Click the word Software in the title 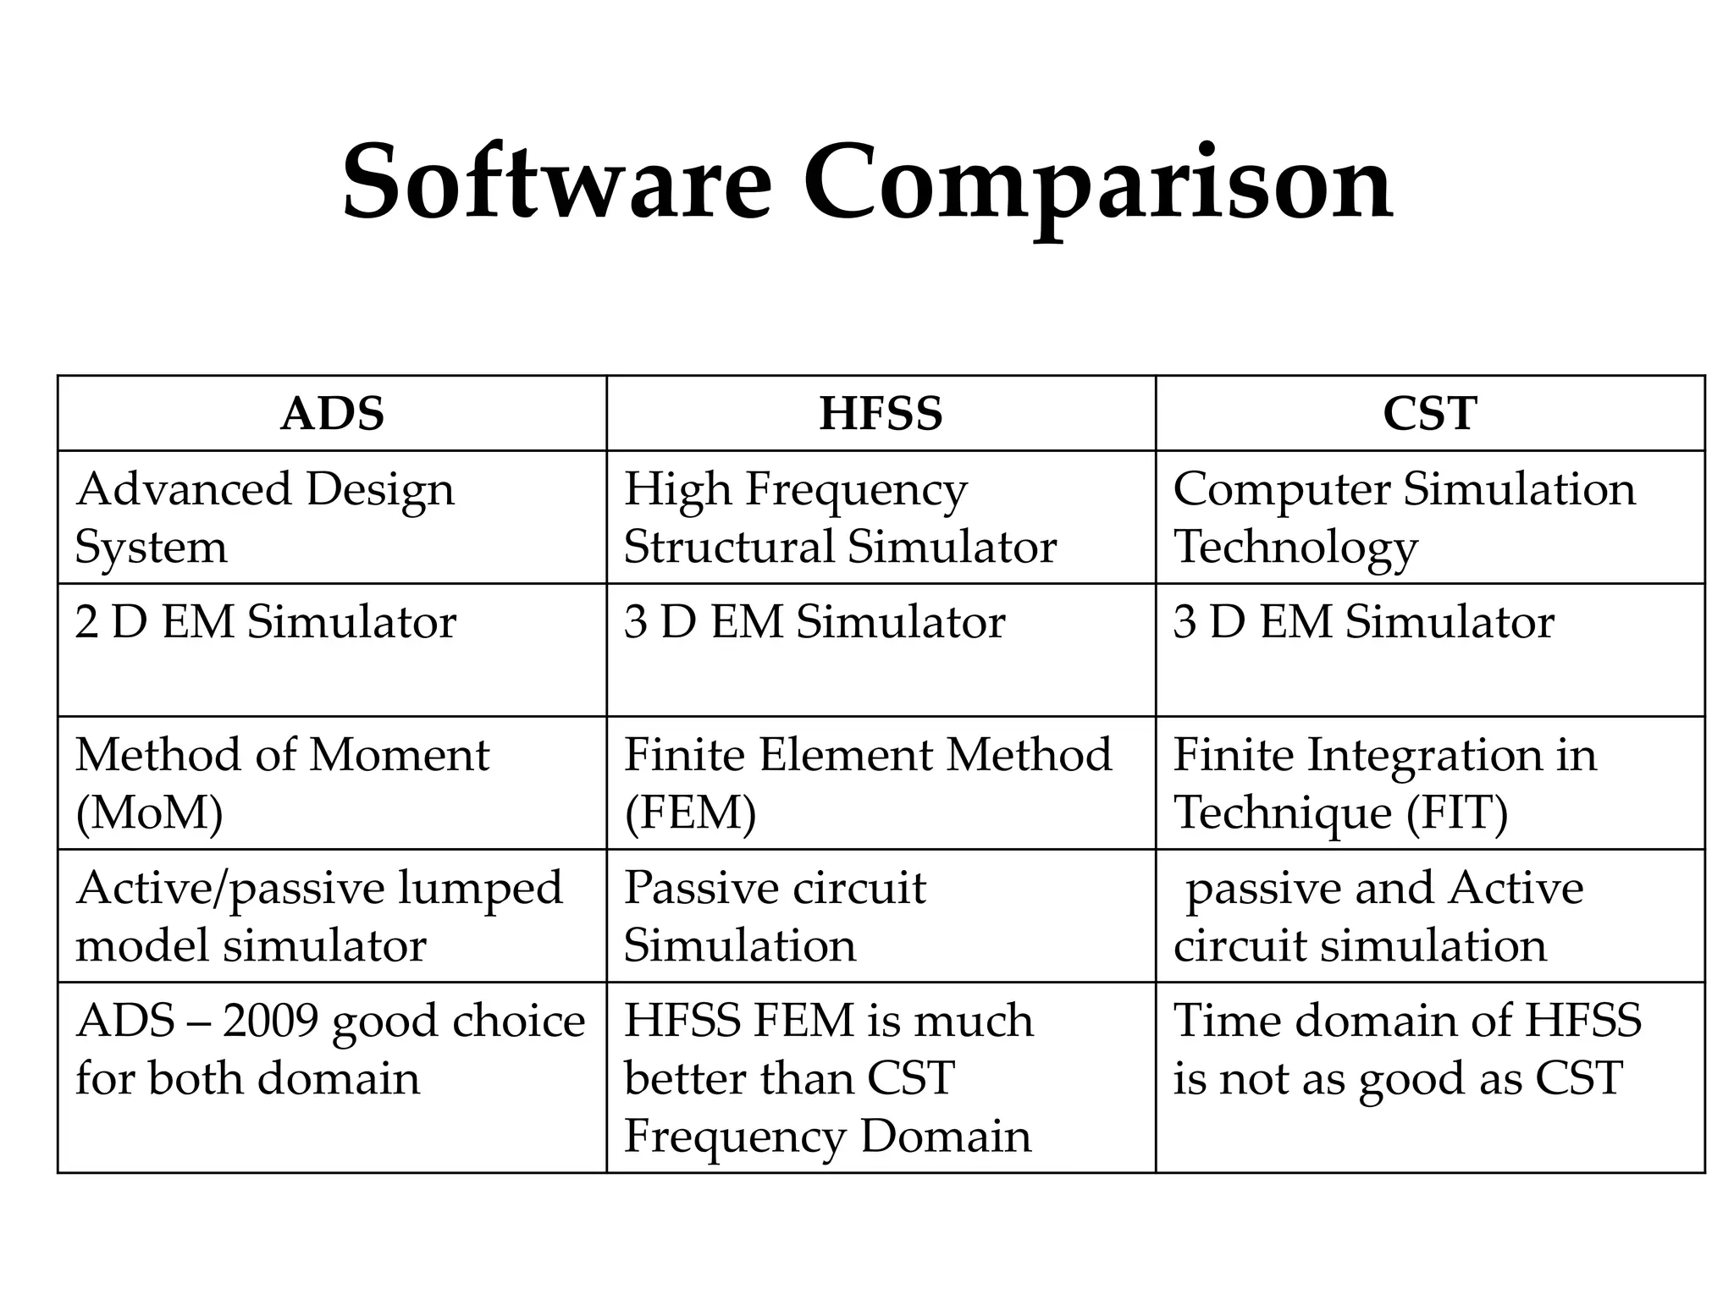coord(556,182)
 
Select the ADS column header coord(332,414)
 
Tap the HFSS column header coord(881,414)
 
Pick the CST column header coord(1429,414)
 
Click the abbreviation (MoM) coord(149,812)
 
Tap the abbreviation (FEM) coord(690,812)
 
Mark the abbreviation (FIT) coord(1457,812)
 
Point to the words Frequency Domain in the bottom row coord(827,1136)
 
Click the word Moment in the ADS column coord(399,755)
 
